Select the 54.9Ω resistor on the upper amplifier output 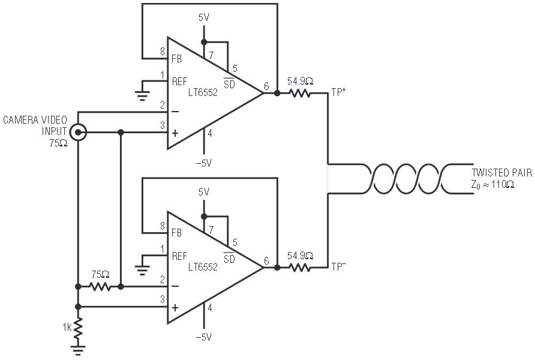click(x=300, y=94)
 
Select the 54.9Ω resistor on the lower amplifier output click(x=300, y=268)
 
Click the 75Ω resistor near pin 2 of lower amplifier click(x=100, y=287)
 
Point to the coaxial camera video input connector click(x=78, y=132)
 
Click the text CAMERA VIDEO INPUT click(x=35, y=126)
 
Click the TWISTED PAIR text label click(x=501, y=173)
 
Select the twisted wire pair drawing click(x=408, y=178)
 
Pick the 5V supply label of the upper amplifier click(x=204, y=18)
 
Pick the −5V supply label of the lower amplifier click(x=204, y=337)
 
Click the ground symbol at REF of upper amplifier click(x=142, y=93)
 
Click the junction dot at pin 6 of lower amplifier click(x=277, y=268)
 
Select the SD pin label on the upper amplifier click(x=229, y=85)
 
